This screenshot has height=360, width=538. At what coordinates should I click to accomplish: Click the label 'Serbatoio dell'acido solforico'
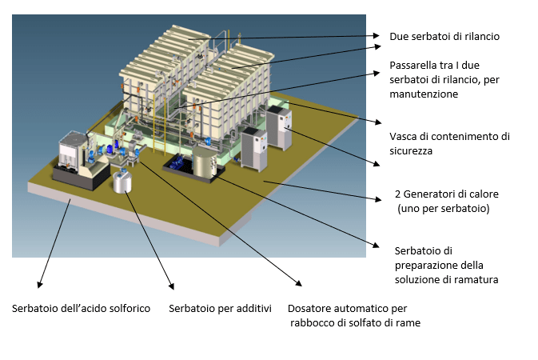click(x=81, y=308)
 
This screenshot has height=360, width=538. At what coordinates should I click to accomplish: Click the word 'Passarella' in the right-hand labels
click(x=415, y=66)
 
